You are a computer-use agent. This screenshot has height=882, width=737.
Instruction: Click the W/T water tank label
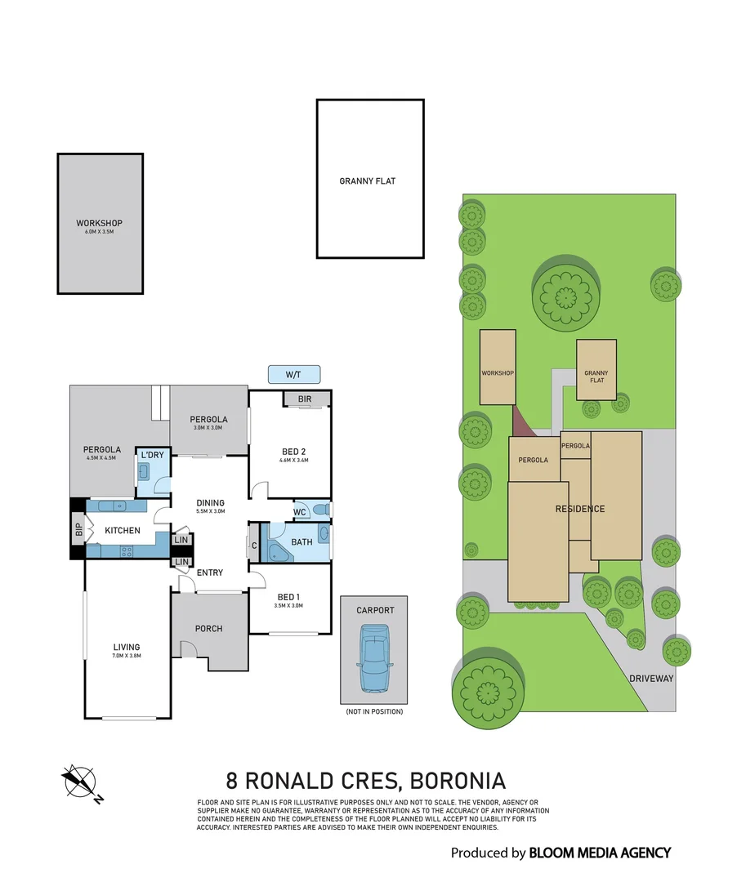(x=293, y=375)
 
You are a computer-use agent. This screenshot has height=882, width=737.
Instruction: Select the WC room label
(x=300, y=512)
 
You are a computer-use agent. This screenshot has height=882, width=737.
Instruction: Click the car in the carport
(x=374, y=657)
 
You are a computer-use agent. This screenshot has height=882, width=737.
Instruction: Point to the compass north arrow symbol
(x=80, y=782)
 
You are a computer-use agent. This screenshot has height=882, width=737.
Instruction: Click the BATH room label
(x=301, y=541)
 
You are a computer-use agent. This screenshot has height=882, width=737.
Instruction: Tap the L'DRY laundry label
(x=152, y=455)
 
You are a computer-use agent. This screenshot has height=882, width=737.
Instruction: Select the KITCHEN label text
(x=123, y=531)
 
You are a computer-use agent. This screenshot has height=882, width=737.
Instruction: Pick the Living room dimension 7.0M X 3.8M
(x=127, y=656)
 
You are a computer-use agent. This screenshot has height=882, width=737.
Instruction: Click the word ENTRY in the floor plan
(x=210, y=572)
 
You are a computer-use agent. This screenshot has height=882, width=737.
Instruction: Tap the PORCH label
(x=208, y=628)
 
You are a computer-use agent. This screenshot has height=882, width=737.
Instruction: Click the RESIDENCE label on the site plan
(x=580, y=509)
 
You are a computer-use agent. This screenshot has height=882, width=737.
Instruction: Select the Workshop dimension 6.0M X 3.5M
(x=99, y=232)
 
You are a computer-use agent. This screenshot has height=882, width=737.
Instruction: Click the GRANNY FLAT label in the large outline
(x=367, y=181)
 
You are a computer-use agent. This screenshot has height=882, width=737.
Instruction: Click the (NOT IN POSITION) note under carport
(x=373, y=711)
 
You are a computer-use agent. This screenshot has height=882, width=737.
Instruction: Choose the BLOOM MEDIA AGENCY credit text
(x=600, y=853)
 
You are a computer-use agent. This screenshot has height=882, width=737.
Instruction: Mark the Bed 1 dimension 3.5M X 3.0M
(x=289, y=605)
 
